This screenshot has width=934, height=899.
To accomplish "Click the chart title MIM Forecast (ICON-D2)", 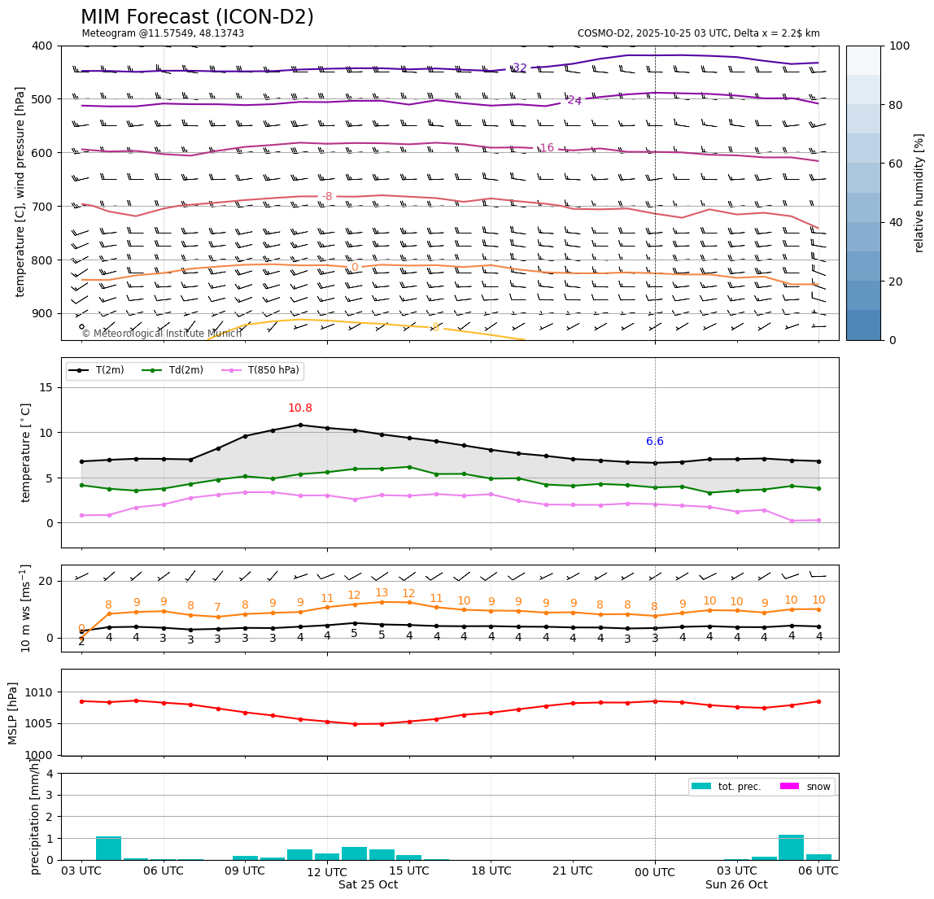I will [x=197, y=17].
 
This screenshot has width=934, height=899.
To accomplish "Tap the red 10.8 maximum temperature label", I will [x=299, y=408].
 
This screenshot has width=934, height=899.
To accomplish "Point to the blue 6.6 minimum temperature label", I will [x=655, y=442].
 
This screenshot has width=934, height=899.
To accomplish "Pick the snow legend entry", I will [x=818, y=787].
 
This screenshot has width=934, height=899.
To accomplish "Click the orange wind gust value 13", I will [x=382, y=593].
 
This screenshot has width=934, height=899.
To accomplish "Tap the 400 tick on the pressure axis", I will [x=41, y=46].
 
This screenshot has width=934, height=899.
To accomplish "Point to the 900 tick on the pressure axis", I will [x=41, y=314].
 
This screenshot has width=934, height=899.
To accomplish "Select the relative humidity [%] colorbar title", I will [x=919, y=193].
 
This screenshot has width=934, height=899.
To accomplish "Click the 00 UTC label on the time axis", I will [x=655, y=872].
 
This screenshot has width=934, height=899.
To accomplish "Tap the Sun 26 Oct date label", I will [x=736, y=885].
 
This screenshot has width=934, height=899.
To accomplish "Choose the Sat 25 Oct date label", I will [x=368, y=885].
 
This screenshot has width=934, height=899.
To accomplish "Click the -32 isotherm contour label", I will [x=518, y=68].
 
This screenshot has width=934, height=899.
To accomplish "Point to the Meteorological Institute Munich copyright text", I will [x=161, y=334].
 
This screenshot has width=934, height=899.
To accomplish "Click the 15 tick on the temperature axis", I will [x=47, y=387].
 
